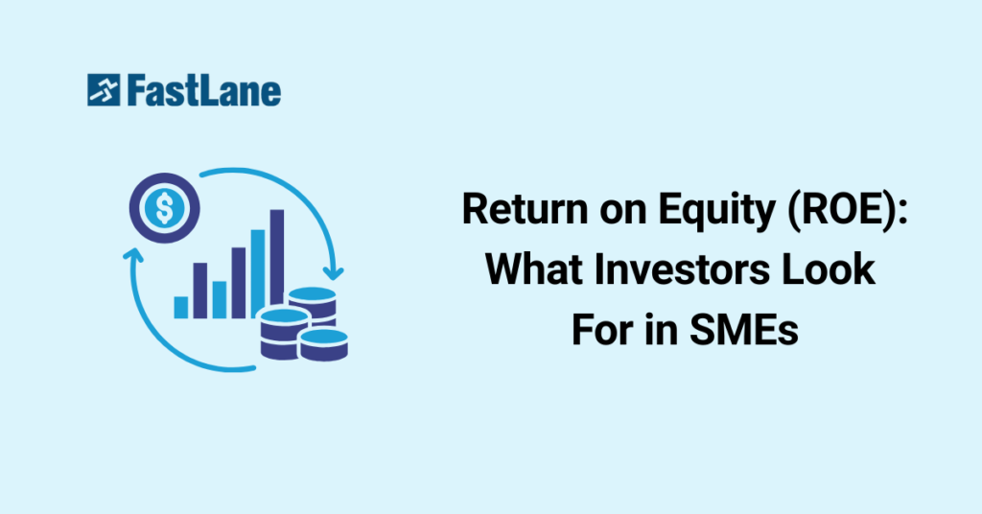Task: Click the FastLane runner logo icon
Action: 104,90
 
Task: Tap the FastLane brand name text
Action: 204,91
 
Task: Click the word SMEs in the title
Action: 743,329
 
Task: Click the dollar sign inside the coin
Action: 165,208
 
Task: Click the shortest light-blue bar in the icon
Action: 181,308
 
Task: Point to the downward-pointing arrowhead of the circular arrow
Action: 335,273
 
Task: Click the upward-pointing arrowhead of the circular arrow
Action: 132,254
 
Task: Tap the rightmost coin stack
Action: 324,344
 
